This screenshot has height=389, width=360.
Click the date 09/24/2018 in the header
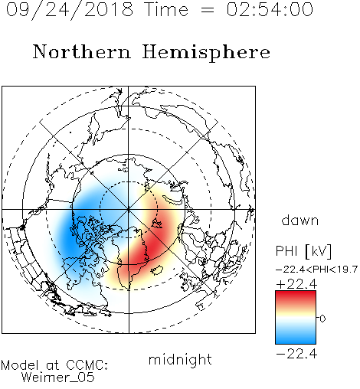70,9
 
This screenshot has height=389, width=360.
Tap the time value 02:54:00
270,9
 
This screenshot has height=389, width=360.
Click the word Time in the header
166,9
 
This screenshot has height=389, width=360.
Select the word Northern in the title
82,52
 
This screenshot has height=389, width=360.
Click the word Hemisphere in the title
206,53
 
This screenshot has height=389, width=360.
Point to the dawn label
300,220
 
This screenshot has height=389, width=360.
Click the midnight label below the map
180,359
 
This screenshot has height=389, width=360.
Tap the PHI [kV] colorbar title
303,251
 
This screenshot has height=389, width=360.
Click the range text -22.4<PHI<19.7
317,270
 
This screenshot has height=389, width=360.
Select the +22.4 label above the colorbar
296,284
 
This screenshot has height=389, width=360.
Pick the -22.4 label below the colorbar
296,354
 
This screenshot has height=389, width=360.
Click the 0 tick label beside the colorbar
322,319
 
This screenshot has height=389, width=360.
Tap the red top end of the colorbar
296,293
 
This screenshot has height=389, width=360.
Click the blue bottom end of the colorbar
296,341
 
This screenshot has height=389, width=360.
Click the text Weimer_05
58,378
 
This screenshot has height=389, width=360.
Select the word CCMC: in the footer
87,365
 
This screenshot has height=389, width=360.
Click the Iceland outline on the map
157,270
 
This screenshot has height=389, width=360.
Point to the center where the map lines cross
129,210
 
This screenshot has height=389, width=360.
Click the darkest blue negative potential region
68,237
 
